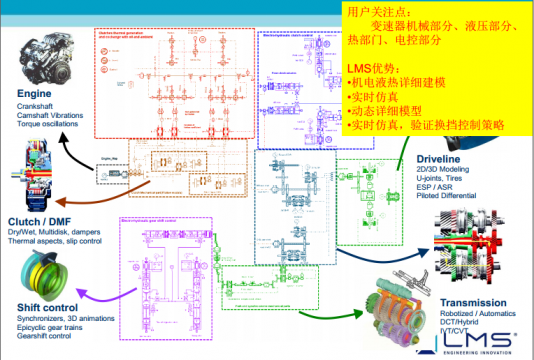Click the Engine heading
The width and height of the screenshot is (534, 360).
click(x=36, y=94)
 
